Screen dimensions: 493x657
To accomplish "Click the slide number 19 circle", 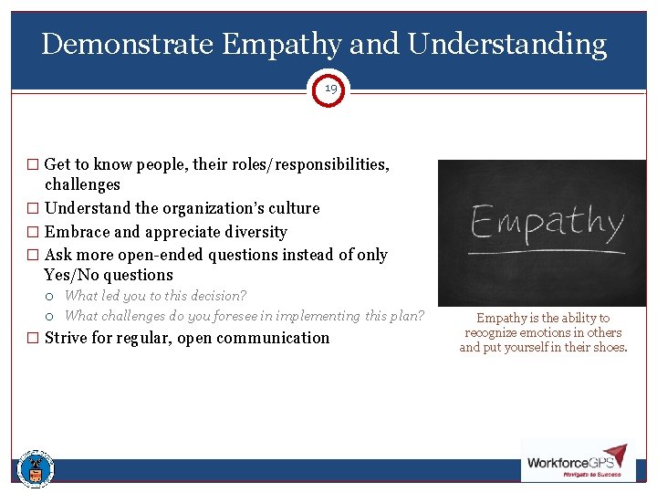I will (x=329, y=89).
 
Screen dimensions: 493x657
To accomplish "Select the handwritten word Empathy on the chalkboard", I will (x=547, y=223).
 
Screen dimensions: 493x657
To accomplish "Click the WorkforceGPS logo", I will (x=574, y=462).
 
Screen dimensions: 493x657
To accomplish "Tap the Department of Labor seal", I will (x=36, y=468).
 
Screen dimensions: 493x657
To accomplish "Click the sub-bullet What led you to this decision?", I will (x=155, y=296).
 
